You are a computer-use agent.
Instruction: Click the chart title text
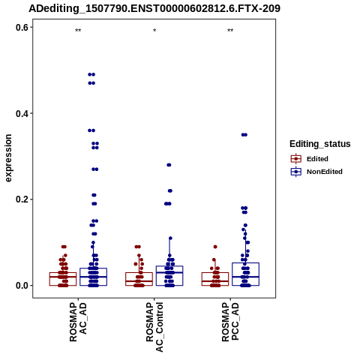154,8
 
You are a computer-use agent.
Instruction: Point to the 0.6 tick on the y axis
22,28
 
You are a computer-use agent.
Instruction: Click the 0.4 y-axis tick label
22,113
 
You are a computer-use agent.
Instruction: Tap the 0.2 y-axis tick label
22,199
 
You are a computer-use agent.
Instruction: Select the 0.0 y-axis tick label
22,286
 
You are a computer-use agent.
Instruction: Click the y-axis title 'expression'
8,158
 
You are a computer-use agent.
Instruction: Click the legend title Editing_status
320,144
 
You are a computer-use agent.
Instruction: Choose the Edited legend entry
309,159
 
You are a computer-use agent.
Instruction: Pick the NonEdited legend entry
316,172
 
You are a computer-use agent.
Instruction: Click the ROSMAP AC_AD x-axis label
78,322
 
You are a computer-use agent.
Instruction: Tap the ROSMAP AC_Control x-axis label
154,327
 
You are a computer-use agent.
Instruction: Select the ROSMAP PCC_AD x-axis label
230,322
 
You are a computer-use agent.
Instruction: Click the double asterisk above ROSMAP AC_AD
78,31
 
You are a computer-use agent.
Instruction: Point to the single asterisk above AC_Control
154,31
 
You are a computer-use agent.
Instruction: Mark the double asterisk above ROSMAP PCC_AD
230,31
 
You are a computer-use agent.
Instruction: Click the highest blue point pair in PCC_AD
244,135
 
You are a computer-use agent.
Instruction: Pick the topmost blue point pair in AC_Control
169,165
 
